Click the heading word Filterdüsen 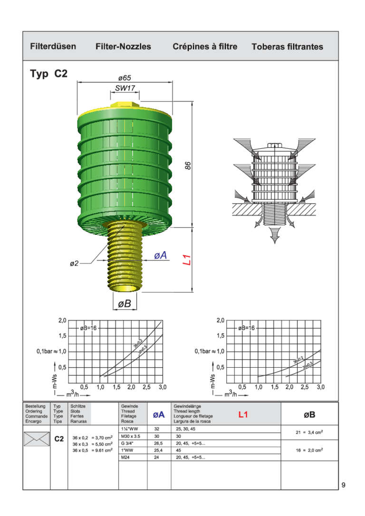[x=53, y=47]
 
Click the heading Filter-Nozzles [x=123, y=47]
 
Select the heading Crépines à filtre [x=205, y=47]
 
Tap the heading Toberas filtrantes [x=287, y=47]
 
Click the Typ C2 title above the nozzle [x=49, y=74]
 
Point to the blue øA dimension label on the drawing [x=161, y=256]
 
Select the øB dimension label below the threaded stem [x=124, y=304]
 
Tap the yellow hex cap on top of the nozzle [x=125, y=105]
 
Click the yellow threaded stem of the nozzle [x=124, y=257]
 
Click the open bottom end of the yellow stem [x=125, y=287]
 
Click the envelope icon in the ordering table [x=37, y=439]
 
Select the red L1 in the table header [x=243, y=415]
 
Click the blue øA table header [x=159, y=415]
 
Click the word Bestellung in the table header [x=36, y=407]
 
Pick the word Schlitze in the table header [x=78, y=407]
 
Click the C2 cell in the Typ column [x=59, y=439]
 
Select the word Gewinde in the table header [x=130, y=407]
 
